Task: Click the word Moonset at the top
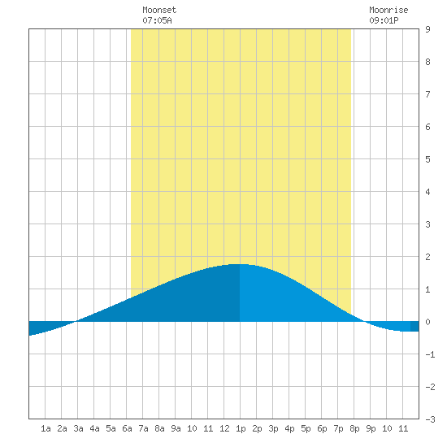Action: coord(159,10)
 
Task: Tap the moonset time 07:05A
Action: coord(157,20)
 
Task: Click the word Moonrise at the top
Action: coord(388,10)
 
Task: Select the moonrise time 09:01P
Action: coord(384,20)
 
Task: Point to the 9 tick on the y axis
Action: coord(427,29)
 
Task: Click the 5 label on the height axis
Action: coord(427,159)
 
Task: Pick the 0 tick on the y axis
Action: coord(427,322)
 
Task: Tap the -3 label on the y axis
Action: coord(430,419)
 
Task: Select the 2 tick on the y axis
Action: coord(427,257)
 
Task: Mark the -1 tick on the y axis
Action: coord(430,354)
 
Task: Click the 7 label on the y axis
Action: coord(427,94)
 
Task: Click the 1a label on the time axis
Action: coord(46,428)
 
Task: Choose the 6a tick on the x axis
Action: coord(127,428)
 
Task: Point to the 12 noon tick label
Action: coord(224,428)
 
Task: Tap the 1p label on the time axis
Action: coord(241,428)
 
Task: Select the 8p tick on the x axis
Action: coord(354,428)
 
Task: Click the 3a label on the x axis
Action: coord(78,428)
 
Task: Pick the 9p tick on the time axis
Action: coord(371,428)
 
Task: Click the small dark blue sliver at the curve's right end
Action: coord(414,327)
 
